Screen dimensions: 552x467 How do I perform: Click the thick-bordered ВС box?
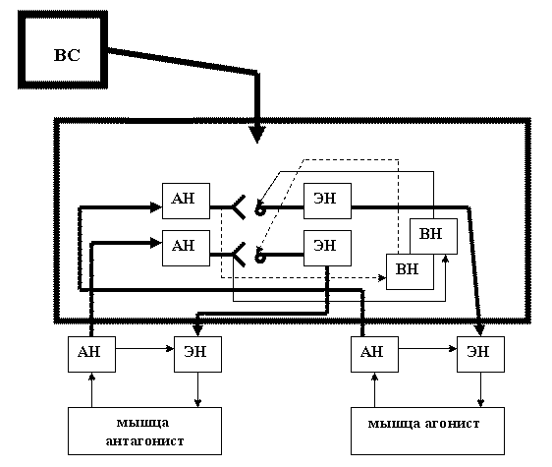pos(63,50)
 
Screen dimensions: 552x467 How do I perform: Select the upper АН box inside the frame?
pos(186,201)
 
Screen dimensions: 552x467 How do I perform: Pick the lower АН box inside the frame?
pos(186,248)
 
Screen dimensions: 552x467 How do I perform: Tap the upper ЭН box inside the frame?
pos(327,201)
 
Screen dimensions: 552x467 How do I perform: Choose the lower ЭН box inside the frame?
pos(327,248)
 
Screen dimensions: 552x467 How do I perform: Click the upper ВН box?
pos(434,236)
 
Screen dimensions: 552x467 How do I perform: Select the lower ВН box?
pos(410,271)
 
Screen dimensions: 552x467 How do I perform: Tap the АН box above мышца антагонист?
pos(91,354)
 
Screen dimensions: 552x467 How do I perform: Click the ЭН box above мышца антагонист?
pos(197,354)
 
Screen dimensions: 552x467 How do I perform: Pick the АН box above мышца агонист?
pos(374,354)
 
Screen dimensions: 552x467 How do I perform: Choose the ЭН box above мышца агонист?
pos(481,354)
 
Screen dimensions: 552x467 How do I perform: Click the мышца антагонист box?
pos(144,431)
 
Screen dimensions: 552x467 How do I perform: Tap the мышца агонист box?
pos(427,431)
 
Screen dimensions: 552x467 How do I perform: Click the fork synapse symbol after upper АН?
pos(239,207)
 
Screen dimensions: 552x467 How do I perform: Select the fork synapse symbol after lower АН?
pos(239,255)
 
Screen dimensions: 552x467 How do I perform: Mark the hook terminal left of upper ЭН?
pos(260,209)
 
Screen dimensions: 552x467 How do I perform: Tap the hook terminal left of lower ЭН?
pos(260,257)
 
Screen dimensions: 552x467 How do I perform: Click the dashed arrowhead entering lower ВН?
pos(382,277)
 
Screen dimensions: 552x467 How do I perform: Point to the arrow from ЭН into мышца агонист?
pos(481,389)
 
